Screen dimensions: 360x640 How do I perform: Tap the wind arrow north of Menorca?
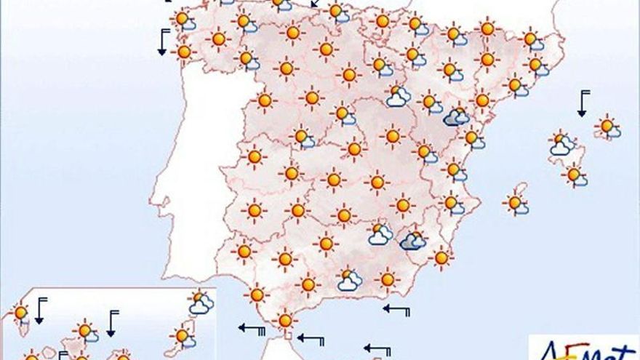pos(583,103)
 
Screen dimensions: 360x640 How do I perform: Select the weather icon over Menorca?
pos(608,127)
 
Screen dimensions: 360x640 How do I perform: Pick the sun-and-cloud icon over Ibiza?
pos(518,204)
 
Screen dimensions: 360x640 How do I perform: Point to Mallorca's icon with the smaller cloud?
pos(575,175)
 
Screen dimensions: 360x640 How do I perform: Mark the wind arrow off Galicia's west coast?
pos(164,43)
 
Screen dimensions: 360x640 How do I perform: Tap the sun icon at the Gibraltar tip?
pos(284,320)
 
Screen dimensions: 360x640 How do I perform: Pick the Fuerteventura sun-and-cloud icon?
pos(184,335)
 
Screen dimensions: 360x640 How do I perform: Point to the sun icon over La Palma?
pos(21,313)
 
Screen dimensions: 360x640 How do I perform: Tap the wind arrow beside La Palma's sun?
pos(40,310)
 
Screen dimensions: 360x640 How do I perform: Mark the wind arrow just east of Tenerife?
pos(111,323)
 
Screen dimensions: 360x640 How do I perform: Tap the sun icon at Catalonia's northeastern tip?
pos(532,40)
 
